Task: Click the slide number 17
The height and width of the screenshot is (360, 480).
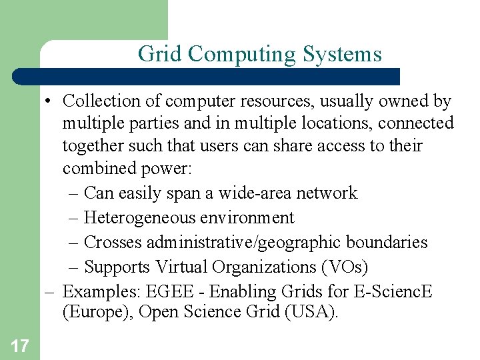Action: point(19,345)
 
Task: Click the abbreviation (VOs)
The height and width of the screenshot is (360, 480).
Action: point(345,267)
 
